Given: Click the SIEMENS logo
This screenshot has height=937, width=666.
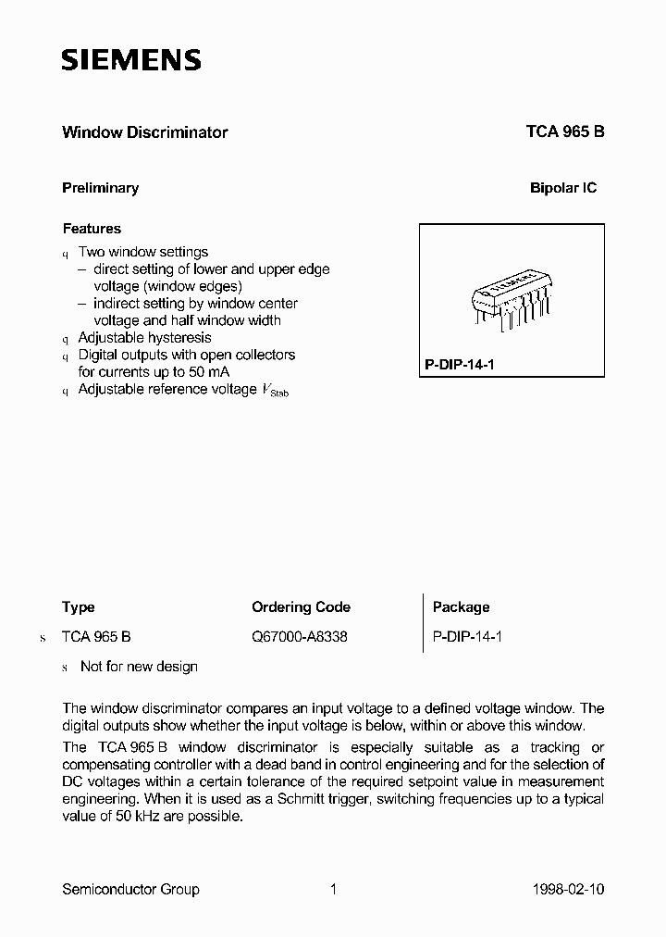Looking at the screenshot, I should coord(130,61).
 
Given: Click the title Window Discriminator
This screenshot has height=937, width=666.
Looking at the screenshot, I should coord(144,132).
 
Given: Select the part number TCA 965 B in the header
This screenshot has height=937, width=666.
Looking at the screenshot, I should coord(565,132).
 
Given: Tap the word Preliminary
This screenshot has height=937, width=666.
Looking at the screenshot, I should coord(100,188).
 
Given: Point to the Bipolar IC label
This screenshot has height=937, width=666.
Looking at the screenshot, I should coord(562,188).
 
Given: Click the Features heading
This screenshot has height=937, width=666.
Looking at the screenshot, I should coord(92,229).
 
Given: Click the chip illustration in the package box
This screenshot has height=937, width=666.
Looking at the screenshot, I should coord(512,298).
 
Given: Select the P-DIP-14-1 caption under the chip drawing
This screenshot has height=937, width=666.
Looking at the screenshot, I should coord(460,365).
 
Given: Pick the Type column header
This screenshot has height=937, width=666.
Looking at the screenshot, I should coord(79,607).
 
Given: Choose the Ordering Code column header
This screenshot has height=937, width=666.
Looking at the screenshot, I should coord(301,607).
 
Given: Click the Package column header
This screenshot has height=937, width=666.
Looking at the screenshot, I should coord(461,607).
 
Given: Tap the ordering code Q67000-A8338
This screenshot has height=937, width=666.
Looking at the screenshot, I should coord(300,637).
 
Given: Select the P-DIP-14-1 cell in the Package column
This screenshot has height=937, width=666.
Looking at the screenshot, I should coord(467,637).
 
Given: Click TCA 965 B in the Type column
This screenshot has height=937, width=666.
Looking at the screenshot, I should coord(96,637).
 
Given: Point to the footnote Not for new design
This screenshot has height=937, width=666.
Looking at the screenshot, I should coord(139,667).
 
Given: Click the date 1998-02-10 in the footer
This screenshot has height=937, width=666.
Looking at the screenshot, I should coord(570,890).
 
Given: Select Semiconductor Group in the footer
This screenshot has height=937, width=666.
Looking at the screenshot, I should coord(130,890).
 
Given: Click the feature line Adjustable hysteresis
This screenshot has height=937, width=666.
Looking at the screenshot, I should coord(144,338).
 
